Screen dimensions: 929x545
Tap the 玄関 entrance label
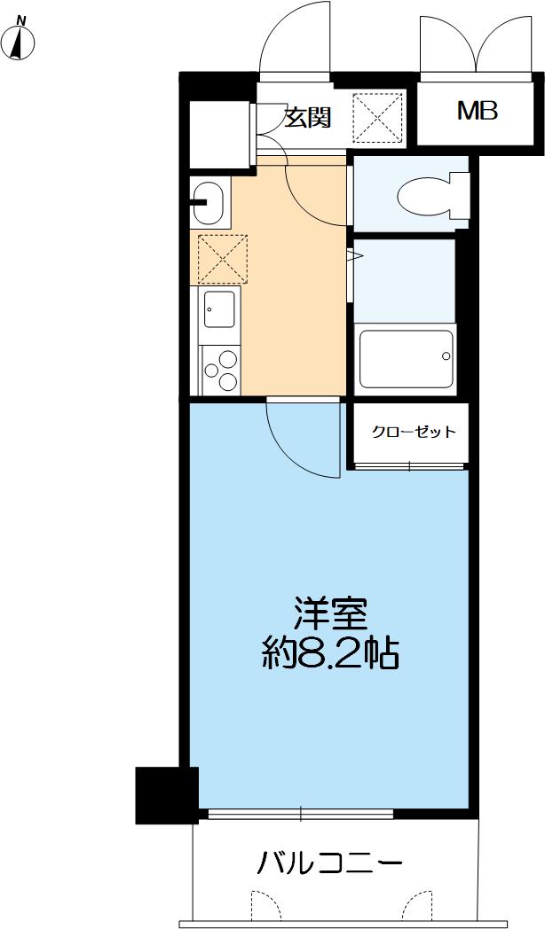307,117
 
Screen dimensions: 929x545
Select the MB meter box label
477,112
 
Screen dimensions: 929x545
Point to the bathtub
405,360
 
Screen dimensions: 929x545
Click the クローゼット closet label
413,433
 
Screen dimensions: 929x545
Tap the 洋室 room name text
330,613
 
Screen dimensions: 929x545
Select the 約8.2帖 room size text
330,655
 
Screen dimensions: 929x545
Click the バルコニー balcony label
330,862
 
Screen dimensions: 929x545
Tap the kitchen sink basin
218,308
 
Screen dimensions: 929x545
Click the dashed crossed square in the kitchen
222,259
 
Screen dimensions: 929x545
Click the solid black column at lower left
165,794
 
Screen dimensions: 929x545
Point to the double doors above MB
477,40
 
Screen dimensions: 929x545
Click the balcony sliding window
300,813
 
